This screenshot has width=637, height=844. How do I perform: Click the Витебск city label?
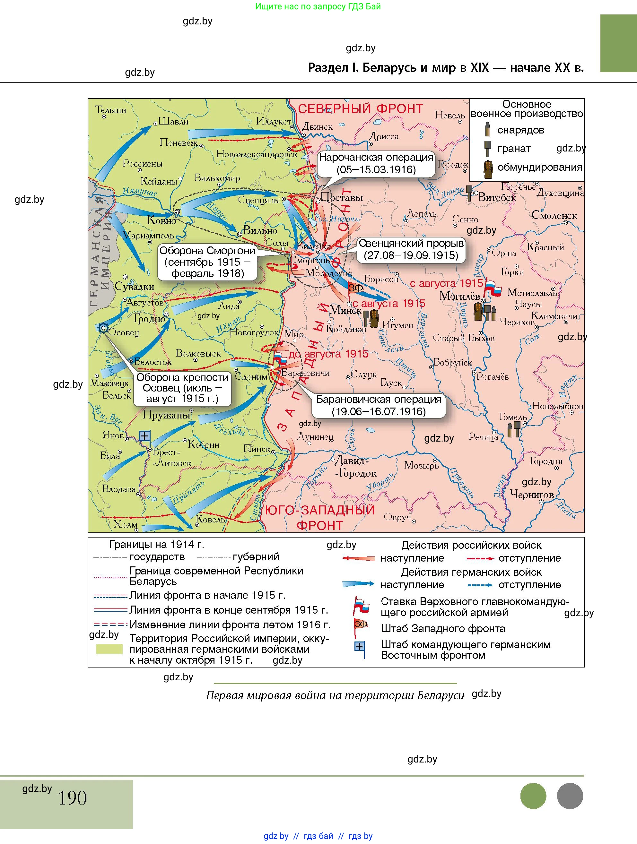pos(497,197)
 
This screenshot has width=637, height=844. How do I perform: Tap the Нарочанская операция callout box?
pos(376,163)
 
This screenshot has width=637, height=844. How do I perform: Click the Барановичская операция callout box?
pos(378,405)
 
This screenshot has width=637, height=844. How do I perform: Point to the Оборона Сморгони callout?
pos(207,262)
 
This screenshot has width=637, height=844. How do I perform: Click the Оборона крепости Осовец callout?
pos(182,388)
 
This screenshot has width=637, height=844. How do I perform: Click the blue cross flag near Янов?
pos(144,436)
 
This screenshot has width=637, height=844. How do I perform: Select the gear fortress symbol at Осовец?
pos(103,328)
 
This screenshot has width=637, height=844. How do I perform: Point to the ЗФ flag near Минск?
pos(355,288)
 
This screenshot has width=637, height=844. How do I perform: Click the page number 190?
pos(72,798)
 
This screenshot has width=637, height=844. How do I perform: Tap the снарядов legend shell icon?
pos(487,130)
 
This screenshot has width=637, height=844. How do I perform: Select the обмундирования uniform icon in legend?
pos(487,168)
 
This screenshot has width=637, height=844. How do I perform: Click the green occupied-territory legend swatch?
pos(109,649)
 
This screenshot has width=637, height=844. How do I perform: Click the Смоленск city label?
pos(554,216)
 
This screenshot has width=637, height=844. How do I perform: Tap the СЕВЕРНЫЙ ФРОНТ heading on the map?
pos(360,109)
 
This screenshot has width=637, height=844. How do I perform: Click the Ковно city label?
pos(161,220)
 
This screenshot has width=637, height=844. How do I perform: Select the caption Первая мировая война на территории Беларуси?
pos(335,695)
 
